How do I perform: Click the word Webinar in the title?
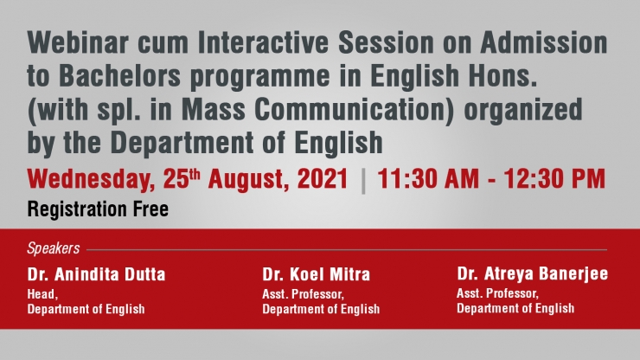pyautogui.click(x=78, y=43)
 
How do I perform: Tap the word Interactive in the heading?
pyautogui.click(x=263, y=43)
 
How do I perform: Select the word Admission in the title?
pyautogui.click(x=544, y=43)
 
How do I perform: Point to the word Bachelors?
pyautogui.click(x=119, y=76)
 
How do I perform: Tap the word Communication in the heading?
pyautogui.click(x=355, y=110)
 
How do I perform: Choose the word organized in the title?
pyautogui.click(x=523, y=111)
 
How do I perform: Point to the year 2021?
pyautogui.click(x=323, y=179)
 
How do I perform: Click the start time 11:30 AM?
pyautogui.click(x=428, y=179)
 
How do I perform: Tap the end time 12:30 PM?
pyautogui.click(x=554, y=179)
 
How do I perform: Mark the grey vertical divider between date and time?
pyautogui.click(x=363, y=182)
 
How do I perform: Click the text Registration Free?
pyautogui.click(x=98, y=209)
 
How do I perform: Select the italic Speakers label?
pyautogui.click(x=54, y=248)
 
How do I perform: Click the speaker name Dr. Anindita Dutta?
pyautogui.click(x=96, y=274)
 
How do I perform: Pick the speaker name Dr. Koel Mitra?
pyautogui.click(x=317, y=274)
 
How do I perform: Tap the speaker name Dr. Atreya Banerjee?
pyautogui.click(x=533, y=274)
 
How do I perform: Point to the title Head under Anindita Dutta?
pyautogui.click(x=42, y=294)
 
